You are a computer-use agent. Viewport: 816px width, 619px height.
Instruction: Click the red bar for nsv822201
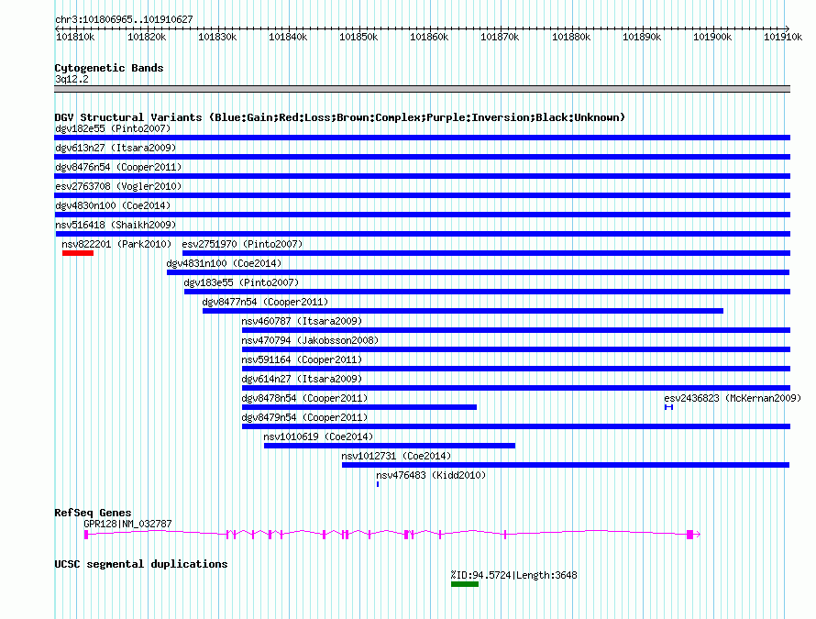point(78,253)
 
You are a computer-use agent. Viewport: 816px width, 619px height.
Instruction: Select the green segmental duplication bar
point(464,583)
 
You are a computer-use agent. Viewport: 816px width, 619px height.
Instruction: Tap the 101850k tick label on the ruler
point(358,37)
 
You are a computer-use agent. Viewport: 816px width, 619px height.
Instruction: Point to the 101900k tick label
point(712,37)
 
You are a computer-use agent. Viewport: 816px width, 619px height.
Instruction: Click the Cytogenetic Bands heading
point(108,68)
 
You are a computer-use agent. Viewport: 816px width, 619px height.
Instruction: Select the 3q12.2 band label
point(72,79)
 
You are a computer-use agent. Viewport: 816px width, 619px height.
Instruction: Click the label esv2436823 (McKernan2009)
point(732,398)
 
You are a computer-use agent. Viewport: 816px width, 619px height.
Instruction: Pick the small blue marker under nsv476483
point(378,483)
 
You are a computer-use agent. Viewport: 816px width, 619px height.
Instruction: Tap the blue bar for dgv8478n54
point(358,407)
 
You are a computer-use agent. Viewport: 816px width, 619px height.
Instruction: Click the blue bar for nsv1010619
point(389,446)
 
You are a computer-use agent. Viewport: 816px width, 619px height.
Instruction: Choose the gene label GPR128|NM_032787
point(127,524)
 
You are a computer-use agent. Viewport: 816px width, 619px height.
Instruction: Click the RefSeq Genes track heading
point(93,513)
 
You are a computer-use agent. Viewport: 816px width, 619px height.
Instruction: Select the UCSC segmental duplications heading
point(140,564)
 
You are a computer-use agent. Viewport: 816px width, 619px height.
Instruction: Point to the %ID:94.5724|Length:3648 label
point(513,575)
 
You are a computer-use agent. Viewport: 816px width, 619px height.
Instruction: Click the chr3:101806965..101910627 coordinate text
point(124,19)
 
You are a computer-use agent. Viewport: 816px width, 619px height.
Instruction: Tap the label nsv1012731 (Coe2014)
point(396,456)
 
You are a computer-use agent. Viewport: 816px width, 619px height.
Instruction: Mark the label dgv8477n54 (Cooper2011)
point(265,302)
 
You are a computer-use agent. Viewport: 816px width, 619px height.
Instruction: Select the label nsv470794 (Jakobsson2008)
point(309,340)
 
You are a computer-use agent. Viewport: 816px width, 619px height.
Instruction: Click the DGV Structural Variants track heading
point(339,117)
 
